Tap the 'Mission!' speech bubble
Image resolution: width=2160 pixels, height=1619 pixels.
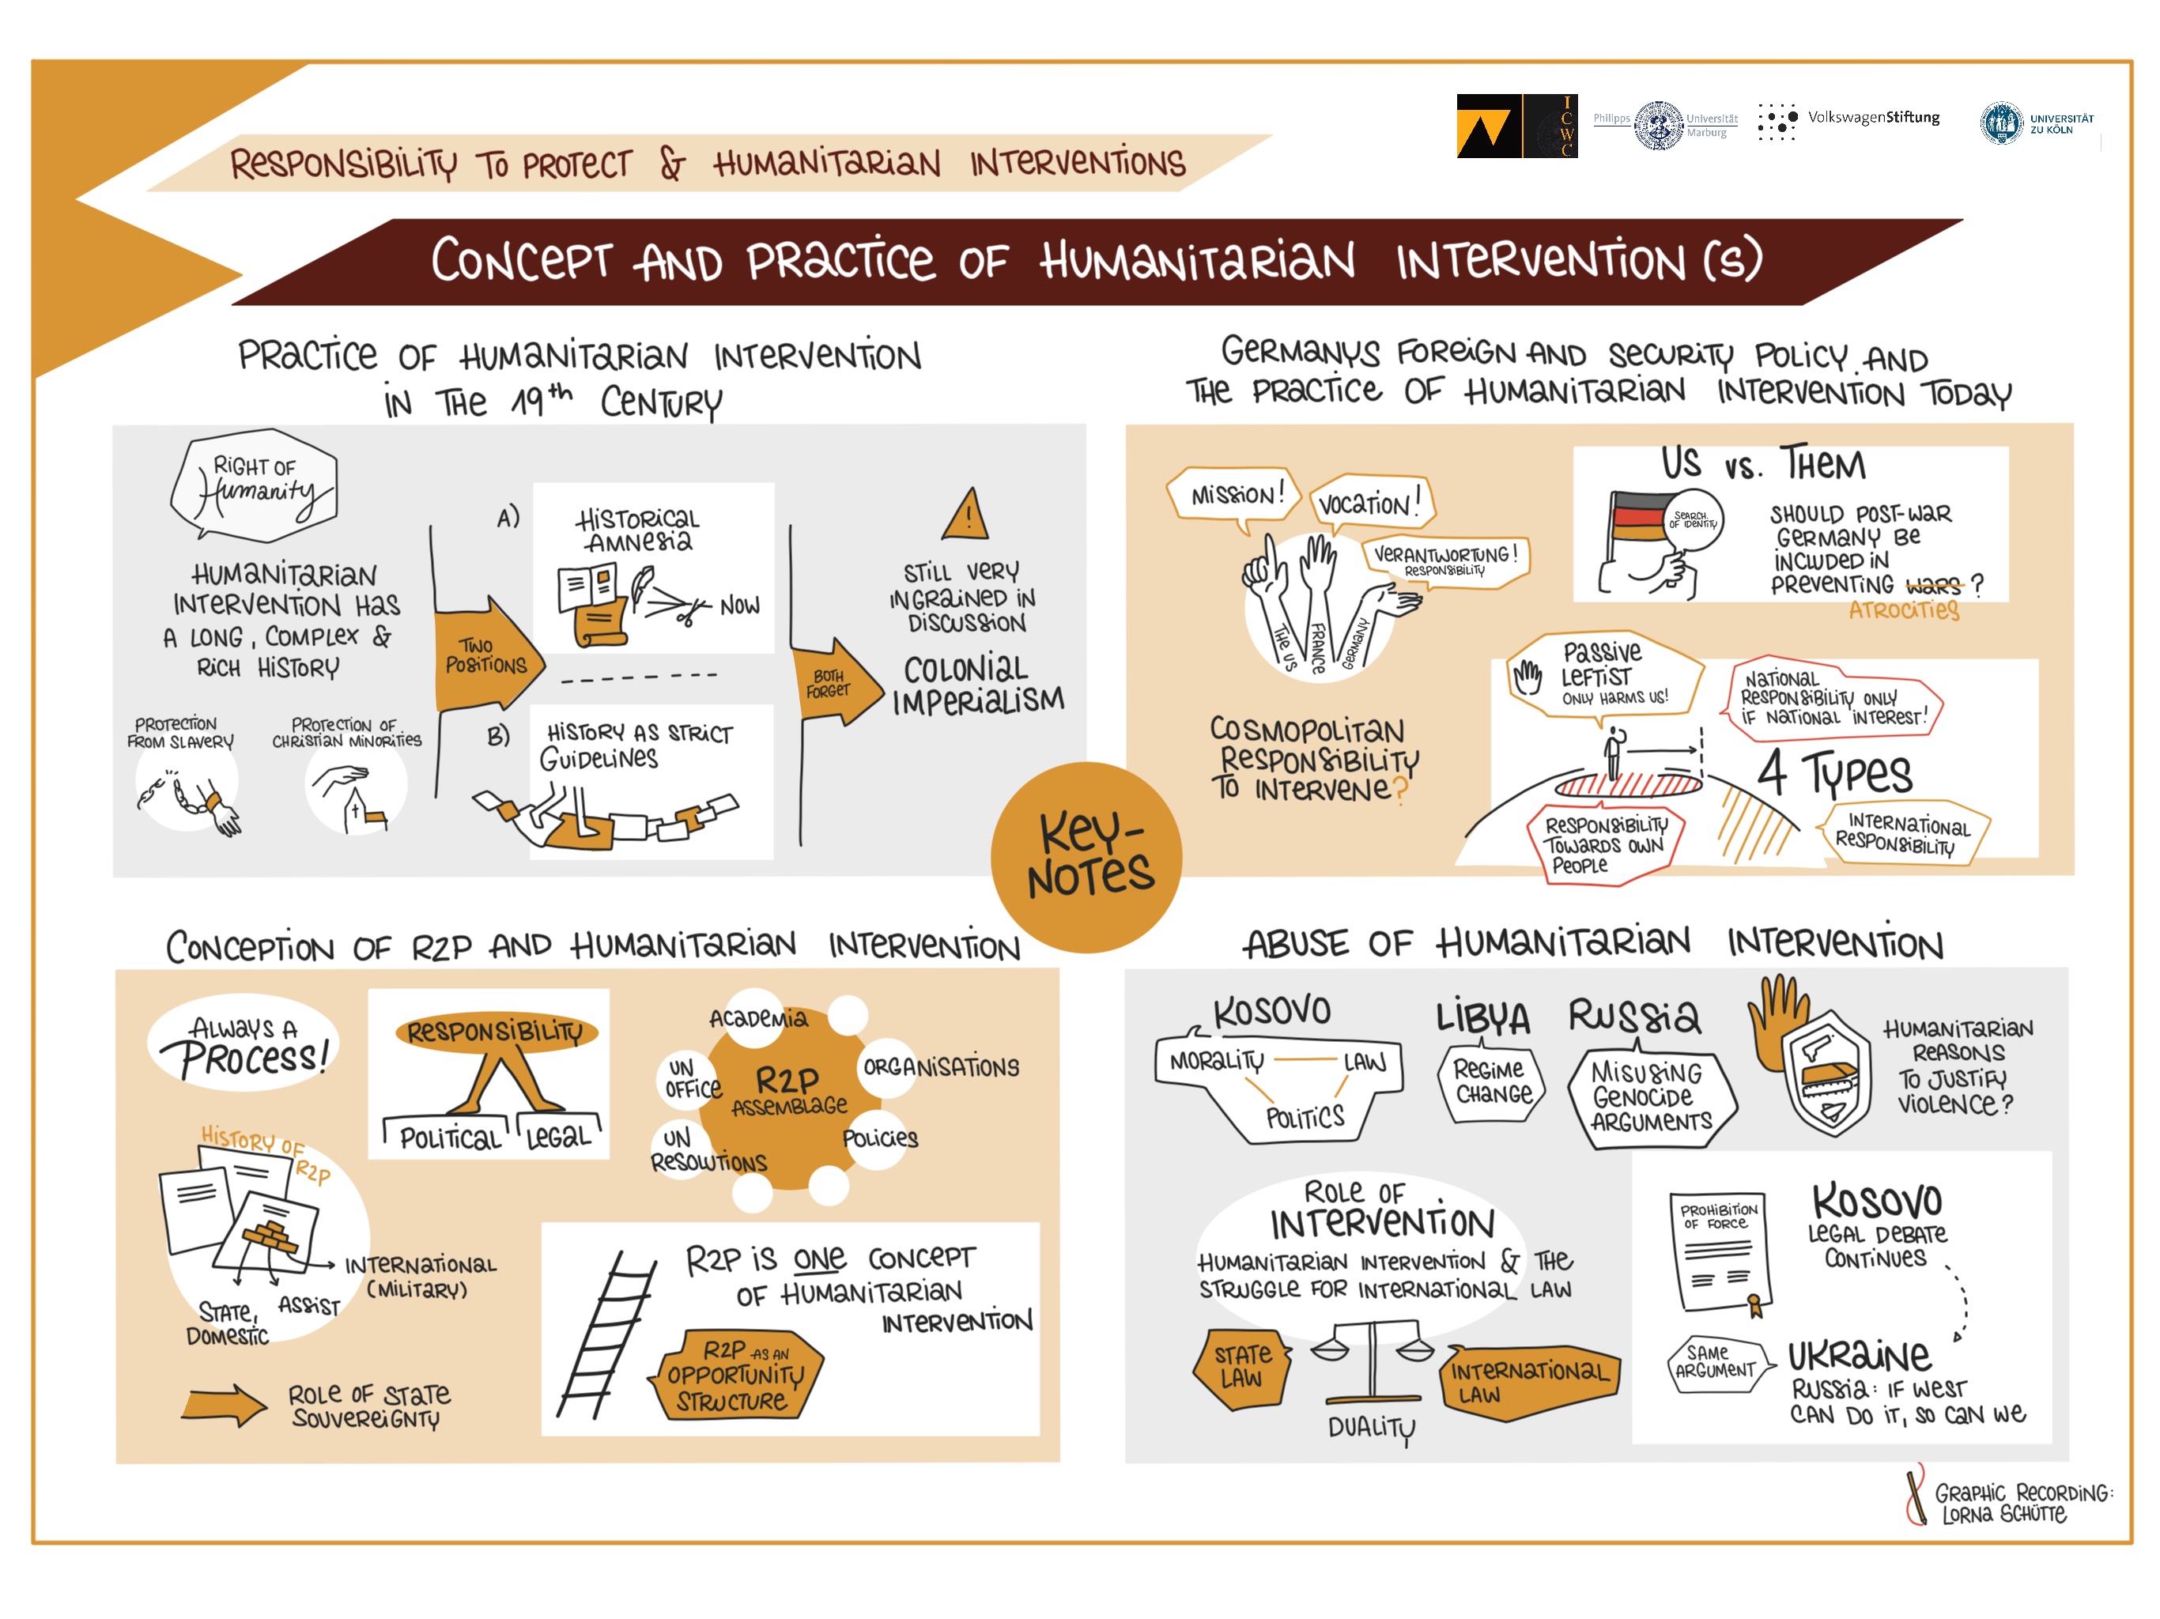(1234, 496)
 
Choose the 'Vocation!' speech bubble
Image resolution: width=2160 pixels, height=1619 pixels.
(1368, 504)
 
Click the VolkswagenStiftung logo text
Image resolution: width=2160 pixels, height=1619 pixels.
(1872, 118)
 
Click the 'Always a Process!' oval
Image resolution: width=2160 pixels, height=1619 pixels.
(244, 1046)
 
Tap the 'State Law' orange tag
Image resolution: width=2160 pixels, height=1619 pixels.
(1241, 1367)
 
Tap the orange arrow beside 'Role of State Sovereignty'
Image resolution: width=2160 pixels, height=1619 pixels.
(224, 1406)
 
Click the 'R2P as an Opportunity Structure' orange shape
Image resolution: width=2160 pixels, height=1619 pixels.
(736, 1375)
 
